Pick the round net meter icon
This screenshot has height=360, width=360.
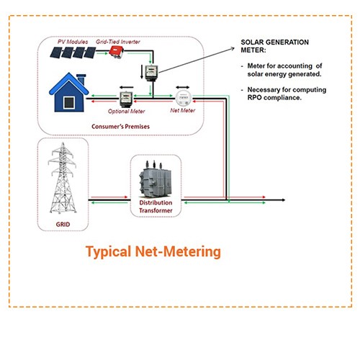click(181, 98)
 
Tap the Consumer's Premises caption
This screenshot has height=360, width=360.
click(121, 127)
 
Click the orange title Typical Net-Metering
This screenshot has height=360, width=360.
click(153, 252)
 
